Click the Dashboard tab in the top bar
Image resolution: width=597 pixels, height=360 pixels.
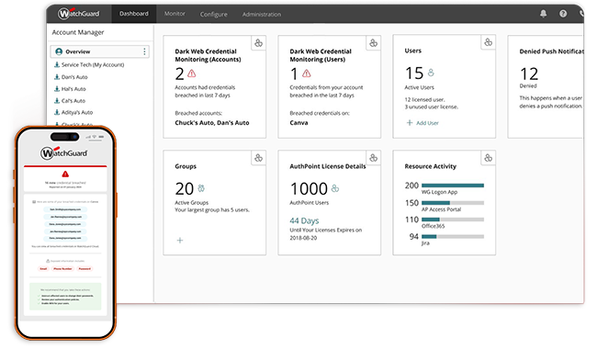(x=132, y=15)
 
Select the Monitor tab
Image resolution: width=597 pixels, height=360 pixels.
(x=173, y=15)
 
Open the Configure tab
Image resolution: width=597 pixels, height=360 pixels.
(x=213, y=15)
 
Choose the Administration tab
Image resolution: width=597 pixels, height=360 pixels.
(x=262, y=15)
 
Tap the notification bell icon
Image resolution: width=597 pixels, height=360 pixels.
(x=542, y=15)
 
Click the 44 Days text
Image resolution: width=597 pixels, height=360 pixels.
(x=306, y=220)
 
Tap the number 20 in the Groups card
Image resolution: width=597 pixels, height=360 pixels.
(x=184, y=188)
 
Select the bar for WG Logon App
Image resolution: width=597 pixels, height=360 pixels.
(x=450, y=185)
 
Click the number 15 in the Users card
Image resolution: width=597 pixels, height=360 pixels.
(x=413, y=73)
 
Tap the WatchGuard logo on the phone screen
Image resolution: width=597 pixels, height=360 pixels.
(x=63, y=153)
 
